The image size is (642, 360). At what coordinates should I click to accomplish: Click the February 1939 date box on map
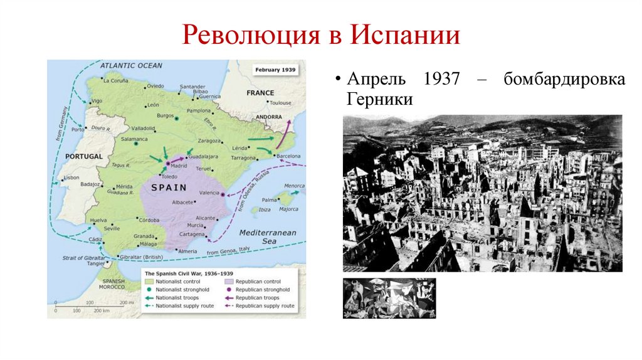pyautogui.click(x=275, y=69)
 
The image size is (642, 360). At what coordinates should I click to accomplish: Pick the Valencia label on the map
pyautogui.click(x=209, y=193)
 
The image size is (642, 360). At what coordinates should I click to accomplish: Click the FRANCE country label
pyautogui.click(x=260, y=93)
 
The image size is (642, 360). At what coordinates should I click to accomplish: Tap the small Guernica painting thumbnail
pyautogui.click(x=389, y=298)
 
